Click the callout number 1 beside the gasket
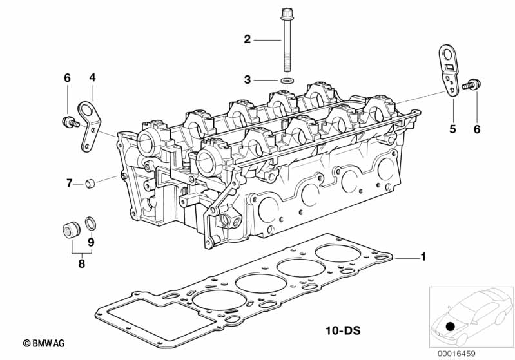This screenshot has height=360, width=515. pyautogui.click(x=423, y=256)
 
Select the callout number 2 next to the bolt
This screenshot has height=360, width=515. pyautogui.click(x=248, y=39)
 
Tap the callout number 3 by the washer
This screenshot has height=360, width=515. pyautogui.click(x=248, y=79)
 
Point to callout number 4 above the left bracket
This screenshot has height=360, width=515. pyautogui.click(x=92, y=77)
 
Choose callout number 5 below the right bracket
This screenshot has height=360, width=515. pyautogui.click(x=452, y=129)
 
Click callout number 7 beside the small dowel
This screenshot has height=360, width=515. pyautogui.click(x=70, y=183)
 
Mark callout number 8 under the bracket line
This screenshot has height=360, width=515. pyautogui.click(x=81, y=263)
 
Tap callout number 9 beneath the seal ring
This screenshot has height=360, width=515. pyautogui.click(x=91, y=242)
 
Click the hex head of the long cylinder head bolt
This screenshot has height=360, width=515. pyautogui.click(x=287, y=14)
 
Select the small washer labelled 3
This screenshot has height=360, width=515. pyautogui.click(x=287, y=81)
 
